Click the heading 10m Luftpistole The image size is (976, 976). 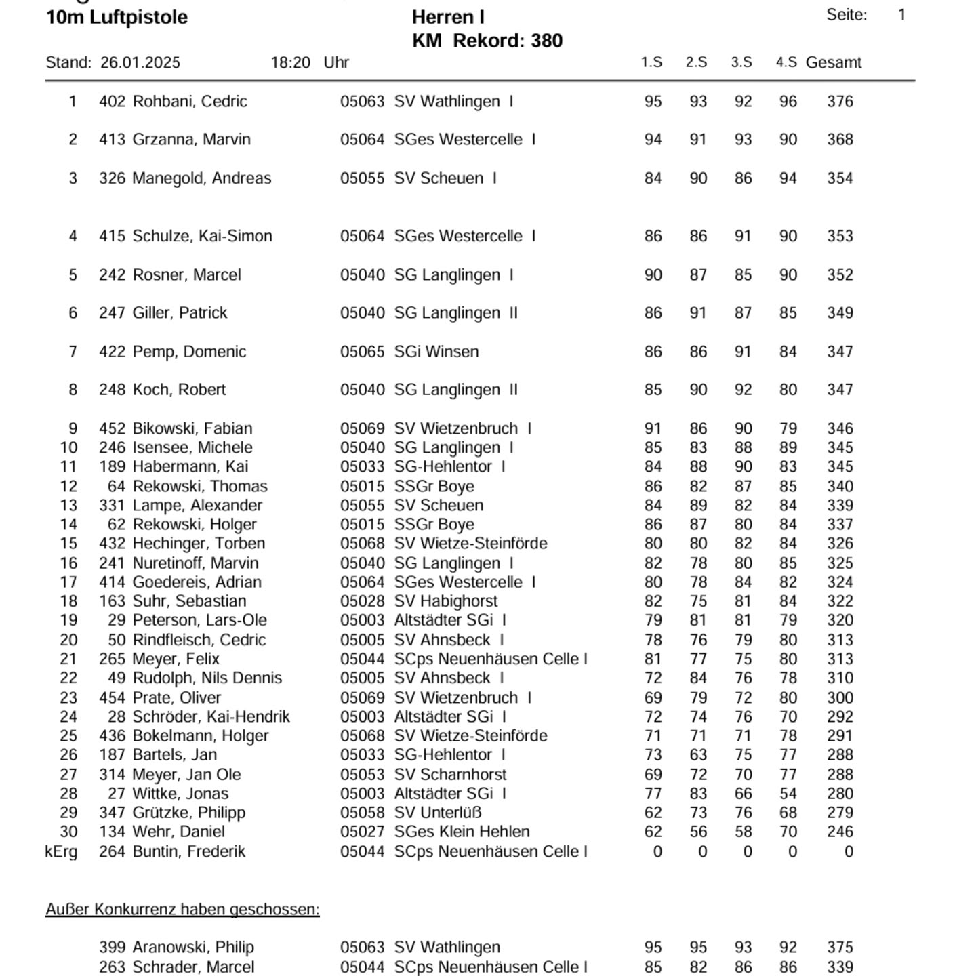[117, 18]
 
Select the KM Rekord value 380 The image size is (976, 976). [546, 41]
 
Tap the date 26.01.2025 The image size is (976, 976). [140, 63]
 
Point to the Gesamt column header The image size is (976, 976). [833, 63]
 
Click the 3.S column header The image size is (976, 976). [741, 62]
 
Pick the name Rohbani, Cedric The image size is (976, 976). [190, 102]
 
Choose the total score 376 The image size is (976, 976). [840, 102]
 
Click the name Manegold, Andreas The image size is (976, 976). [201, 178]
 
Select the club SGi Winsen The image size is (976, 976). [436, 352]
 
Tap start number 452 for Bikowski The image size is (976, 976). [112, 429]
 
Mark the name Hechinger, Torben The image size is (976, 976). [199, 544]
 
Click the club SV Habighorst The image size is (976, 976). [446, 601]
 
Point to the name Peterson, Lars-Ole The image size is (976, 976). [199, 620]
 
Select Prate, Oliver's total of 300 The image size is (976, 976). [840, 697]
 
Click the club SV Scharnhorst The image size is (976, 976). [450, 775]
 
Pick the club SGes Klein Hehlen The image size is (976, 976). [462, 832]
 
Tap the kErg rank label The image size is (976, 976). [61, 851]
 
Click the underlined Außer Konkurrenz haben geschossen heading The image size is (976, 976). [182, 910]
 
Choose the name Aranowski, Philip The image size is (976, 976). [193, 948]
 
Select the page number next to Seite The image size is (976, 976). [901, 15]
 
